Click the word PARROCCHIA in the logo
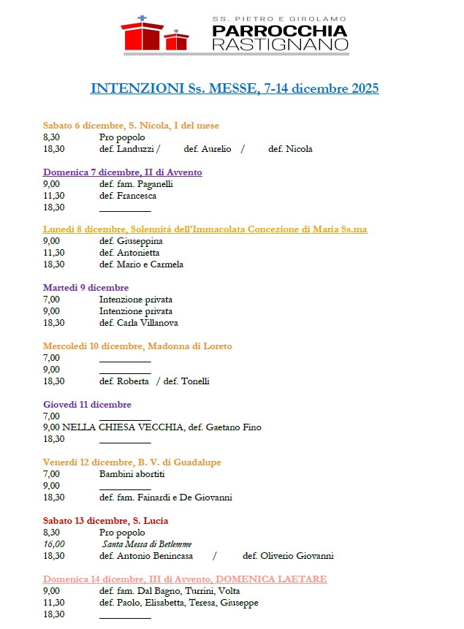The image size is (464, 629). (x=280, y=31)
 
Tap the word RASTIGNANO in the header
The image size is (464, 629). (x=280, y=45)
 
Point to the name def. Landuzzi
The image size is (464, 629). (x=127, y=149)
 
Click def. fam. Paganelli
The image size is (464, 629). (x=136, y=184)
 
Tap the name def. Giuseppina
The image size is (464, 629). (x=131, y=241)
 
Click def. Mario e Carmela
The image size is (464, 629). (x=141, y=264)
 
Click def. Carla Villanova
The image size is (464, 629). (x=138, y=323)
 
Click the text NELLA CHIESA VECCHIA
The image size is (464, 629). (x=123, y=427)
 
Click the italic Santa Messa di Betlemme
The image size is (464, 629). (x=147, y=544)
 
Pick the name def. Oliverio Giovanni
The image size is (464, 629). (x=288, y=556)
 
